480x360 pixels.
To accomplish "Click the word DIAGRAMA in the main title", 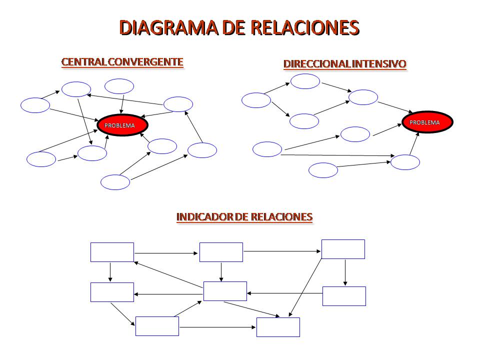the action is (168, 27).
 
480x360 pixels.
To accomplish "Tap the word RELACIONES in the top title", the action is (305, 27).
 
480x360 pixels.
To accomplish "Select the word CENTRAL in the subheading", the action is (84, 62).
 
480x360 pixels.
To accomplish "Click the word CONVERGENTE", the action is (145, 62).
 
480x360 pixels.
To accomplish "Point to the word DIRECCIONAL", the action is (317, 63).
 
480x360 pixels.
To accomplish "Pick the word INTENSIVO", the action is (379, 63).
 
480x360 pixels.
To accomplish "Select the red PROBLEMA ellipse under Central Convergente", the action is (122, 125).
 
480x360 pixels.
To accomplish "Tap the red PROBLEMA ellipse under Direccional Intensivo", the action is (427, 122).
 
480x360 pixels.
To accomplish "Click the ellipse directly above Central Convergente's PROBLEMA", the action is (119, 86).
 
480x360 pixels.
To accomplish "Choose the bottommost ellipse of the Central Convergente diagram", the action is (115, 182).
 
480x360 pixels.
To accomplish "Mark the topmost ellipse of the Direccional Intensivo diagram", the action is (305, 81).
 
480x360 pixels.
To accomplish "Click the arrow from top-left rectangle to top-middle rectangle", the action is (166, 253).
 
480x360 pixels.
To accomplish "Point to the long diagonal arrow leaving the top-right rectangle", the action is (305, 287).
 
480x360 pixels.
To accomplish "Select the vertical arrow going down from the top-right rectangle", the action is (345, 273).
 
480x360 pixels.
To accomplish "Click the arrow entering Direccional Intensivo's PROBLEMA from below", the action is (414, 143).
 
